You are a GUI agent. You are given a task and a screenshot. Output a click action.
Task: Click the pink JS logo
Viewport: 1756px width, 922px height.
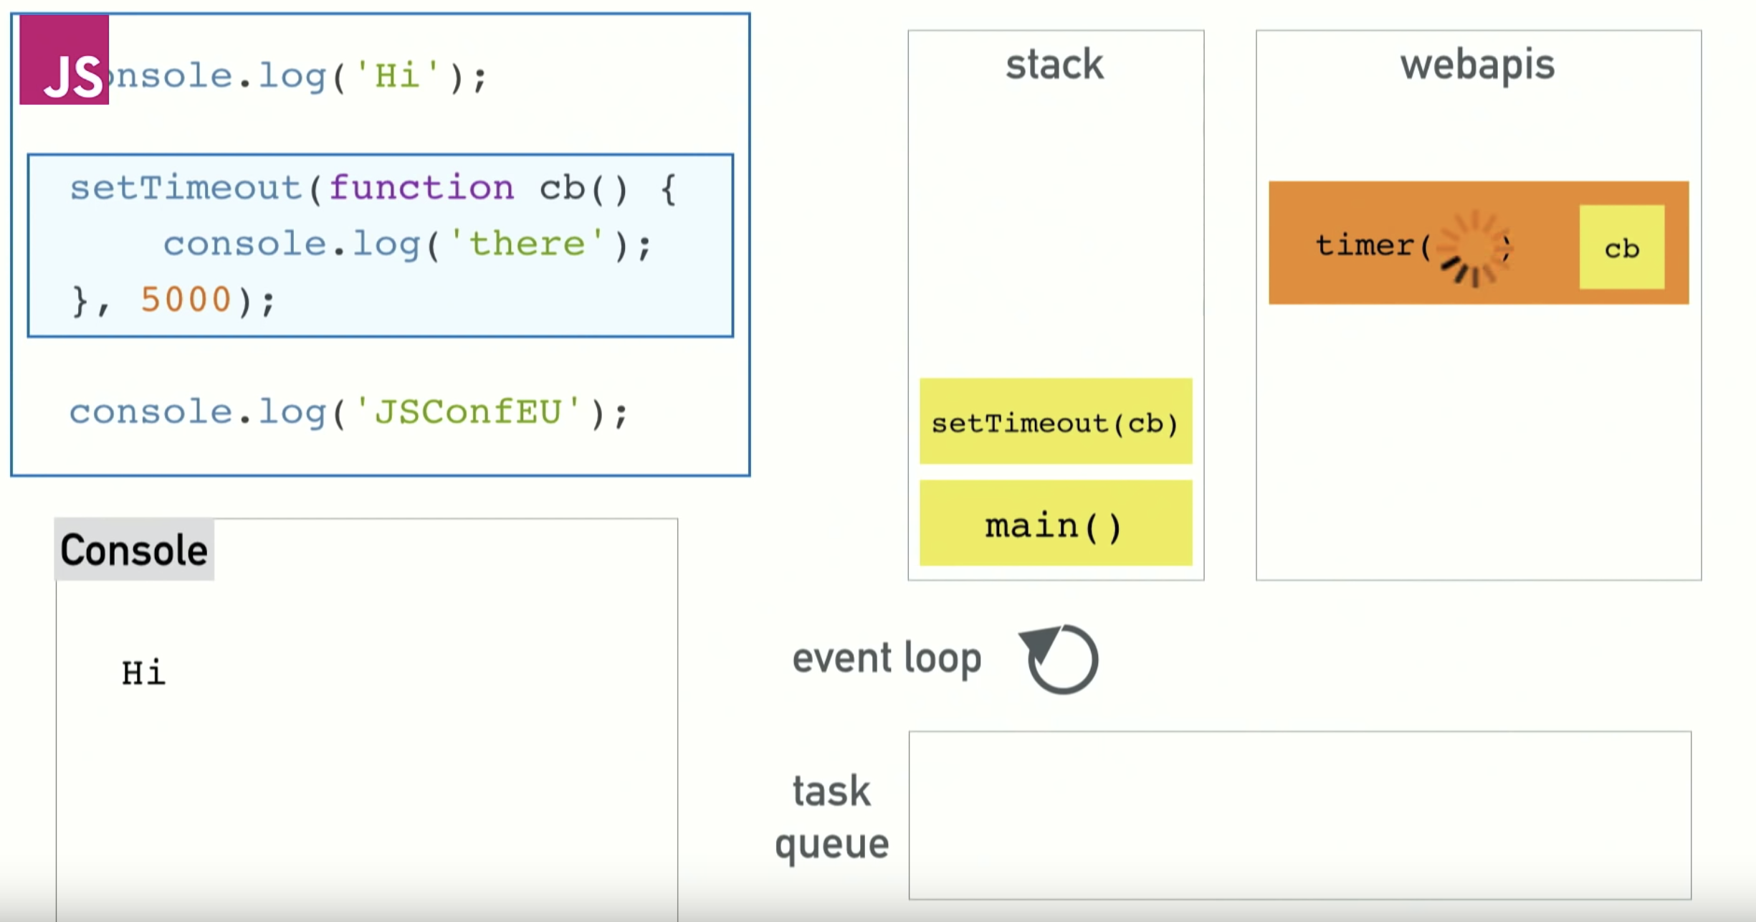pos(64,60)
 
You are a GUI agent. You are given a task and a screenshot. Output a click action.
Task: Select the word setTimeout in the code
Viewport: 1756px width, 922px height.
pos(185,189)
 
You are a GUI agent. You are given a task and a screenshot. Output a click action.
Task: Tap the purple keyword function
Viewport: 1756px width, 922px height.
pos(421,189)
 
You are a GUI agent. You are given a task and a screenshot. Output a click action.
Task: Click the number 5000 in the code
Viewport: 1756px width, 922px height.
pos(186,300)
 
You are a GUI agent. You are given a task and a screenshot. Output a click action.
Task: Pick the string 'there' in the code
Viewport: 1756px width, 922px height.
pos(527,244)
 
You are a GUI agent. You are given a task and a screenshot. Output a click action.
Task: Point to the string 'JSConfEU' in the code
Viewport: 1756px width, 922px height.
pos(467,412)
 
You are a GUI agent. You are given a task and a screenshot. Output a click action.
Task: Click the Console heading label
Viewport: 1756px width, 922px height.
pos(134,550)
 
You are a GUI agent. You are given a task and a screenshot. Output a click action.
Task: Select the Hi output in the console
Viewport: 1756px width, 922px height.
pos(143,673)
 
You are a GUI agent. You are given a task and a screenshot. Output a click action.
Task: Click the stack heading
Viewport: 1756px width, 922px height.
pos(1054,65)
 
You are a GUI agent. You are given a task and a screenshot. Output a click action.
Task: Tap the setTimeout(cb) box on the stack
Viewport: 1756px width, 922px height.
pos(1056,422)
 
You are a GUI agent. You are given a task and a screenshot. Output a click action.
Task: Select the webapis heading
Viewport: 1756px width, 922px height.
pos(1478,66)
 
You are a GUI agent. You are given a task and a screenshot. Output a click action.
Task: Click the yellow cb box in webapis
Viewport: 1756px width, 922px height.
pos(1621,248)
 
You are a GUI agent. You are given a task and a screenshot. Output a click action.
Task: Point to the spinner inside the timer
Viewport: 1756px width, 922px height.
pos(1473,248)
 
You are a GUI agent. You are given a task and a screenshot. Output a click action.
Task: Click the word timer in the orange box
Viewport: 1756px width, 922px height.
pos(1364,246)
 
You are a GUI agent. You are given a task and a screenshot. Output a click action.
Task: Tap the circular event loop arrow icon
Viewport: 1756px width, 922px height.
pos(1061,658)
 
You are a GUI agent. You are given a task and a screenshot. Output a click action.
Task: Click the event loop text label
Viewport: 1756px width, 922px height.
pos(887,658)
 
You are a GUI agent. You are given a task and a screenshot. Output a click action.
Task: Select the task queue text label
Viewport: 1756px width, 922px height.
pos(832,817)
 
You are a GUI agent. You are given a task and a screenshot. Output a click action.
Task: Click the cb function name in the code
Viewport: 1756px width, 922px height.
pos(562,189)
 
